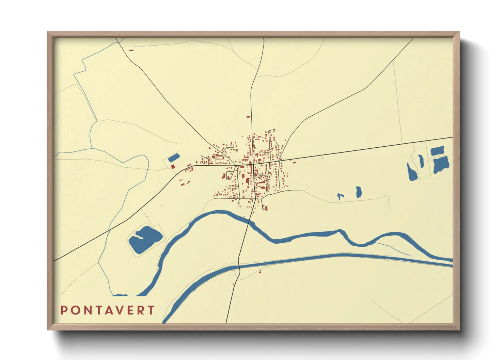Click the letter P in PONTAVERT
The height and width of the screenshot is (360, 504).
[x=64, y=310]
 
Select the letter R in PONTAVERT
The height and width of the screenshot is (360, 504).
[x=141, y=310]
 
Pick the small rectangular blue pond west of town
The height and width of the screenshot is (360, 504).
[x=174, y=158]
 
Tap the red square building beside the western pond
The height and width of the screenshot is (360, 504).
[x=173, y=166]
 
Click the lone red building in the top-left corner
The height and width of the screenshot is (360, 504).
[x=131, y=50]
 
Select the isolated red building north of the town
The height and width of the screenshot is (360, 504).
[x=248, y=117]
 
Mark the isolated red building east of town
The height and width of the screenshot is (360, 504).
[x=294, y=162]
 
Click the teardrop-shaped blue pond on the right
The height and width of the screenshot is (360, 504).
[x=412, y=173]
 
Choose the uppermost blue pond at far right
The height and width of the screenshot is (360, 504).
[x=437, y=151]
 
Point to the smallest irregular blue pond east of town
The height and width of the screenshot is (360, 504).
[x=340, y=196]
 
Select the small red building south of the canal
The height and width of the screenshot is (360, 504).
[x=261, y=271]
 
